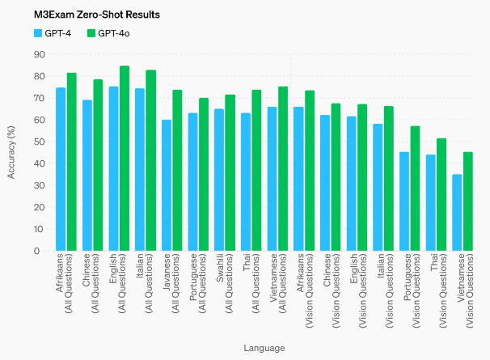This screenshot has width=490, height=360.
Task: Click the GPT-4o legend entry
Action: pyautogui.click(x=108, y=33)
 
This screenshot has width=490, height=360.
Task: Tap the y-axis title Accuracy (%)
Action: pyautogui.click(x=11, y=152)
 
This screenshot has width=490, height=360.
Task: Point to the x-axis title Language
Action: pyautogui.click(x=264, y=348)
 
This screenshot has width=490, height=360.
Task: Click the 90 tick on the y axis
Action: pyautogui.click(x=37, y=54)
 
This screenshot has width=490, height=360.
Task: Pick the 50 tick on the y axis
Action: pyautogui.click(x=37, y=142)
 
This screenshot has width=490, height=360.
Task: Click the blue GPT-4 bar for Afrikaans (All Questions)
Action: pyautogui.click(x=61, y=169)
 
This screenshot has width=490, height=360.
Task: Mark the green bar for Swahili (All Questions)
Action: pyautogui.click(x=230, y=173)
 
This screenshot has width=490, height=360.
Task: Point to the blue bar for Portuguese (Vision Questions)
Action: pyautogui.click(x=404, y=201)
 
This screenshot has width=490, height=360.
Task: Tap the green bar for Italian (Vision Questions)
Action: pyautogui.click(x=389, y=179)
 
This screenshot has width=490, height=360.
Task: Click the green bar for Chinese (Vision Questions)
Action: pyautogui.click(x=336, y=177)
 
